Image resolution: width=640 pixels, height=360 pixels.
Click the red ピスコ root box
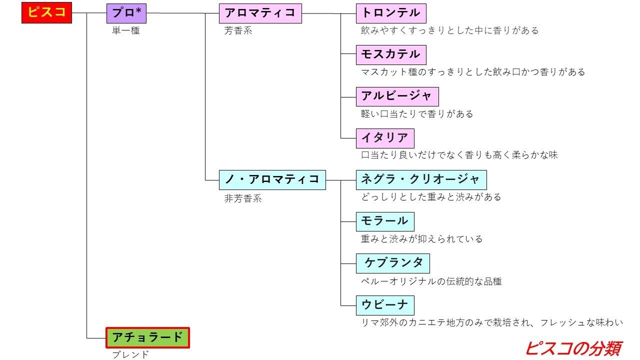pyautogui.click(x=47, y=13)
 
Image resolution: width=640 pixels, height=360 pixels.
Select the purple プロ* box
pyautogui.click(x=126, y=13)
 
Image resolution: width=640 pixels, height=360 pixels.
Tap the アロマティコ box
pyautogui.click(x=260, y=13)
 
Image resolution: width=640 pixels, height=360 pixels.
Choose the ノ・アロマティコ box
pyautogui.click(x=272, y=179)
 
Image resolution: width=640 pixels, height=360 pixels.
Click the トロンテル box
pyautogui.click(x=391, y=13)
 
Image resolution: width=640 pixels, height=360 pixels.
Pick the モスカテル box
pyautogui.click(x=391, y=54)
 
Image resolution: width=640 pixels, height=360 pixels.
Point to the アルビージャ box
pyautogui.click(x=397, y=96)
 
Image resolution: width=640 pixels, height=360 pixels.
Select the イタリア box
pyautogui.click(x=385, y=138)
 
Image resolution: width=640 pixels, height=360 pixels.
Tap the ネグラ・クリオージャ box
pyautogui.click(x=421, y=179)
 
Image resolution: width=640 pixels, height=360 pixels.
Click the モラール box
pyautogui.click(x=385, y=221)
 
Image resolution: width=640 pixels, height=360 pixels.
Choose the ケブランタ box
pyautogui.click(x=393, y=263)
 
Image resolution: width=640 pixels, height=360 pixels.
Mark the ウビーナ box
pyautogui.click(x=385, y=304)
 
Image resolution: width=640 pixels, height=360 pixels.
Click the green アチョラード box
pyautogui.click(x=148, y=337)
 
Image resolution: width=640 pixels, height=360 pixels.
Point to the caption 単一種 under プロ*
pyautogui.click(x=125, y=31)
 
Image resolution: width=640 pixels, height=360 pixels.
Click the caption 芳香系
pyautogui.click(x=238, y=31)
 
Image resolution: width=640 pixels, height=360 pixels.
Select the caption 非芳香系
pyautogui.click(x=243, y=198)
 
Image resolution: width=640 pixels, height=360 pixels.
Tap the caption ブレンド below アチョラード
pyautogui.click(x=130, y=355)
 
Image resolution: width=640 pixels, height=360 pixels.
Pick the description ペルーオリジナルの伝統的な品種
pyautogui.click(x=431, y=281)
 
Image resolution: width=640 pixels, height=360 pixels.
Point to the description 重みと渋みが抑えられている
pyautogui.click(x=421, y=239)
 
